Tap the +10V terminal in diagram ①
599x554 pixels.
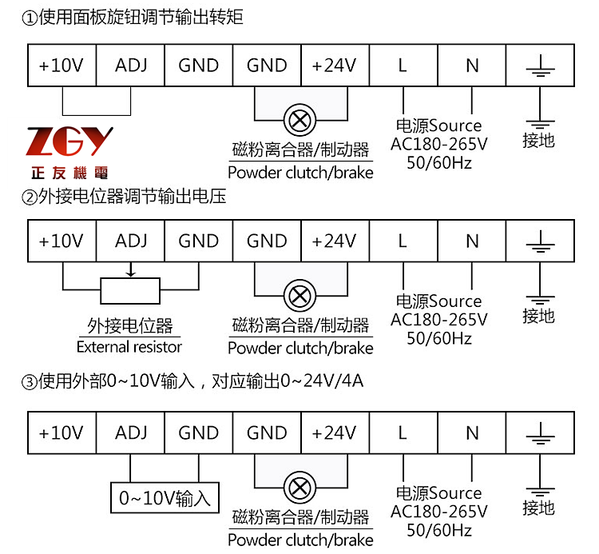(x=61, y=66)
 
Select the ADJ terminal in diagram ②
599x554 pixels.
(x=131, y=241)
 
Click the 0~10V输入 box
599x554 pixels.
(x=165, y=498)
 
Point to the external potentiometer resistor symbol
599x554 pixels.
(x=131, y=291)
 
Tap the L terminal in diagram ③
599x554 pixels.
(x=403, y=433)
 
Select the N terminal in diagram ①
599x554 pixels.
(x=472, y=66)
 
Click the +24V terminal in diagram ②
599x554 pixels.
(x=334, y=241)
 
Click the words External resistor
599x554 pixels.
(x=129, y=347)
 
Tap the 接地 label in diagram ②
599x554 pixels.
(x=538, y=317)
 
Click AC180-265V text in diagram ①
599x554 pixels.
(x=438, y=144)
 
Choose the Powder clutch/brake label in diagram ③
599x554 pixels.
(x=300, y=540)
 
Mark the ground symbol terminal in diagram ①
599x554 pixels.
(x=541, y=66)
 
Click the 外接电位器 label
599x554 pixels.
(x=130, y=326)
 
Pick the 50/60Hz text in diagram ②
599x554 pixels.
(x=438, y=338)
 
